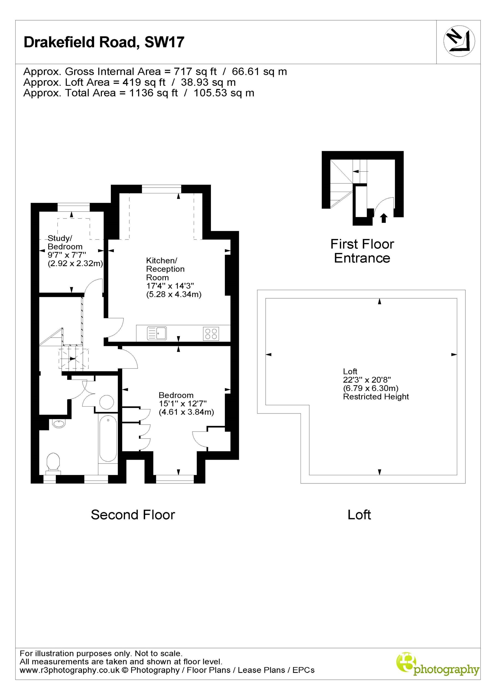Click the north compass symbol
459,41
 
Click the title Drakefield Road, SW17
104,42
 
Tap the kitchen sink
157,333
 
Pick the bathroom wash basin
59,424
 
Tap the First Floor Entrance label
362,251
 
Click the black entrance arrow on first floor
384,218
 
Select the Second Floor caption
133,515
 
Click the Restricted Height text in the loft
376,396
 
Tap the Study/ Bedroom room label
65,242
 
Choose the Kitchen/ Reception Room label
166,269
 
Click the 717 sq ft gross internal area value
195,71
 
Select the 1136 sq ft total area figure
153,93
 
